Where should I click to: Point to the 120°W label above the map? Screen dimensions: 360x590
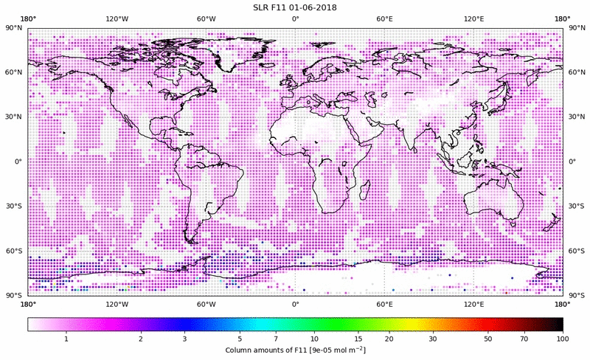(x=117, y=18)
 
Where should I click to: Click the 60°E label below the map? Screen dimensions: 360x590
(x=385, y=304)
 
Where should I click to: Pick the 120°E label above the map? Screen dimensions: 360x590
(x=473, y=18)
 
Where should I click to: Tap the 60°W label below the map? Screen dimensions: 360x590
(x=206, y=304)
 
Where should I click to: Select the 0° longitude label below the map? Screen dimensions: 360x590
(x=295, y=304)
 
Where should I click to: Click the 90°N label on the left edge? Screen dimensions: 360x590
(x=13, y=28)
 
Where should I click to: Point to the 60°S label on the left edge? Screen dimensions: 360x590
(x=13, y=251)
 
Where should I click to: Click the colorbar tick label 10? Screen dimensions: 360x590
(x=314, y=338)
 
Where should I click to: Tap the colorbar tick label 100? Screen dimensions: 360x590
(x=563, y=338)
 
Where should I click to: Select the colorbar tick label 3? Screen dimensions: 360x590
(x=184, y=338)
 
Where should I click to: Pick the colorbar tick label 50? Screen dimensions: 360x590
(x=488, y=338)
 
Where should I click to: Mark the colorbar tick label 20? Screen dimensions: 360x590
(x=388, y=338)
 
